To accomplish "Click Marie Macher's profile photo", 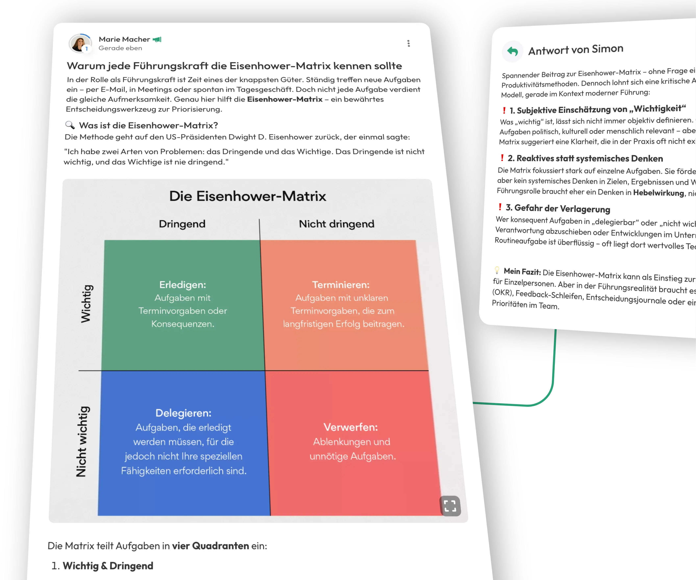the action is coord(80,43).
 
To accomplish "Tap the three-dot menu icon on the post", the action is coord(408,43).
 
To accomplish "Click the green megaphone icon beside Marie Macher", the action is coord(157,40).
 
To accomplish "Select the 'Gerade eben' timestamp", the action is coord(120,48).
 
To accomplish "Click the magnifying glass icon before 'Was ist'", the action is coord(70,125).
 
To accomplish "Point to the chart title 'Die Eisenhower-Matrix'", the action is coord(248,196).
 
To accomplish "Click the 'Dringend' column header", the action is coord(182,224).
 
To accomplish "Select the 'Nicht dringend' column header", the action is coord(336,224).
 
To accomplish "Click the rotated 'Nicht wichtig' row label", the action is coord(81,442).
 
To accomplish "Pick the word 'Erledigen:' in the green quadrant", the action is coord(183,285).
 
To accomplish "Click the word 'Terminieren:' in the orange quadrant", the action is coord(341,285).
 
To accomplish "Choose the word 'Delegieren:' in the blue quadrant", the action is coord(183,413).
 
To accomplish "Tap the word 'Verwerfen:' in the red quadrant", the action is coord(351,427).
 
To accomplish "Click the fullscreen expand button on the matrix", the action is coord(450,506).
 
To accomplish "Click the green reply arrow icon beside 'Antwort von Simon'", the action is coord(512,51).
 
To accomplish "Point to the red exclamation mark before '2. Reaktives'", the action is coord(502,158).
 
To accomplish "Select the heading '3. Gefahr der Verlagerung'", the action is coord(558,208).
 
